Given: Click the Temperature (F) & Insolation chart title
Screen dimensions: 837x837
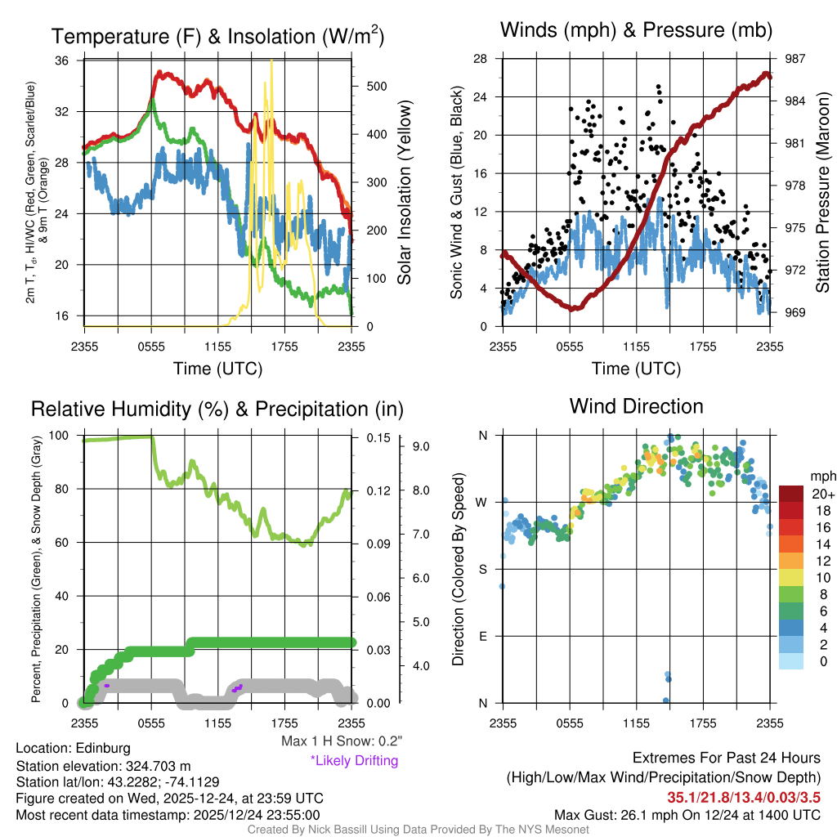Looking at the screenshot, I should tap(218, 36).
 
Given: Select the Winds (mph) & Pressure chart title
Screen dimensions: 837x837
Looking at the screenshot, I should tap(637, 31).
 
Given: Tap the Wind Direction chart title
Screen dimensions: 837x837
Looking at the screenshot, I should tap(636, 406).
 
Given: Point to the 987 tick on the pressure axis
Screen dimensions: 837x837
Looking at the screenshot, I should tap(795, 59).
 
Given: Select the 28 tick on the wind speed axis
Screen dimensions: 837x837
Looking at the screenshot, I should tap(480, 59).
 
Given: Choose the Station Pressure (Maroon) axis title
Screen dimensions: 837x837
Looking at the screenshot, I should tap(822, 193).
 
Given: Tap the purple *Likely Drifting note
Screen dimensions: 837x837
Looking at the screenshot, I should tap(354, 760).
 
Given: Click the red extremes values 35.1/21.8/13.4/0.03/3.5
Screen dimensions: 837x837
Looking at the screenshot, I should tap(744, 796).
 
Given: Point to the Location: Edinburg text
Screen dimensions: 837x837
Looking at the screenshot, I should tap(73, 748).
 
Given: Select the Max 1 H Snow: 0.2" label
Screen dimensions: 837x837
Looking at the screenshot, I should tap(342, 741).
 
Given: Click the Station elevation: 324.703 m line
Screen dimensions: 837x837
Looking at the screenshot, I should tap(103, 765).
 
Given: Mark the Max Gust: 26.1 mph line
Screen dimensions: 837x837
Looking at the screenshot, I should tap(687, 814).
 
